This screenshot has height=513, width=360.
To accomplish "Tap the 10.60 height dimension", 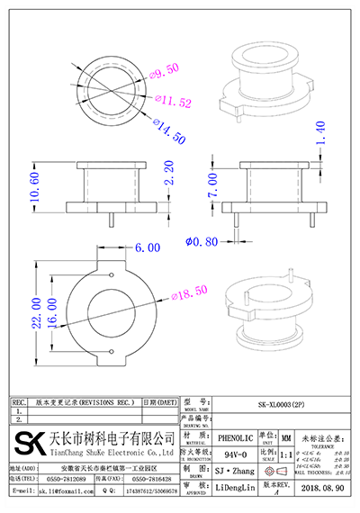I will [x=34, y=185].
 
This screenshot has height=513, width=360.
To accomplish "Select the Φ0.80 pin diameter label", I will [x=202, y=240].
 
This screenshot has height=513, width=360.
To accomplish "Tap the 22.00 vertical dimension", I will [x=35, y=312].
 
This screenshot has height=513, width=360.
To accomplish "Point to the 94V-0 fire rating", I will [x=237, y=454].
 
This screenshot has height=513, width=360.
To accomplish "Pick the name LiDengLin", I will [x=238, y=487].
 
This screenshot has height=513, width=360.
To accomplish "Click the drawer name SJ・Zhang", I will [x=237, y=471].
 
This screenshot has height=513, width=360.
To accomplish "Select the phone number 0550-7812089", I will [x=67, y=480].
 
